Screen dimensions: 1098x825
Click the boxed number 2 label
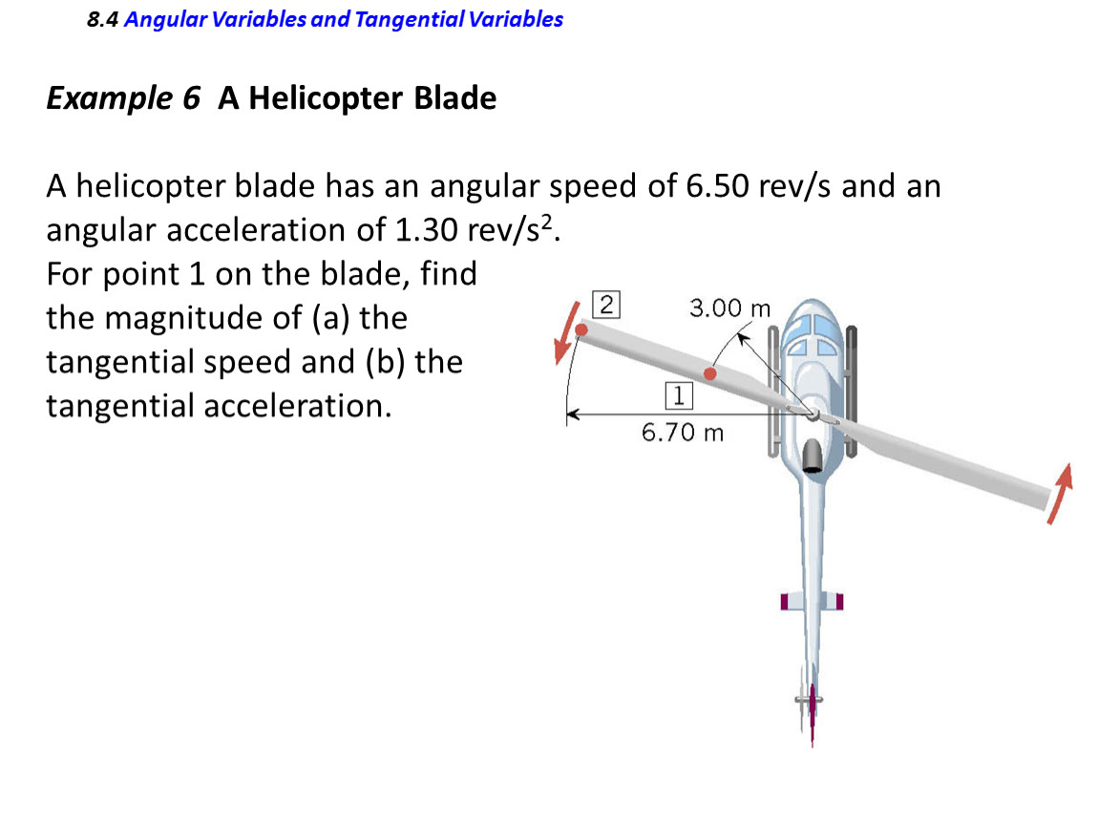coord(606,305)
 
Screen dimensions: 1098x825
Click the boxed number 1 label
coord(679,395)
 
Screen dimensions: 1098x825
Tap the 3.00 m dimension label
coord(729,308)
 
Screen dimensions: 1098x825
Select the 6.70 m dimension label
coord(683,433)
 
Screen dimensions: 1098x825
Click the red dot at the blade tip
coord(581,329)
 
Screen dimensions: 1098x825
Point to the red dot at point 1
coord(710,374)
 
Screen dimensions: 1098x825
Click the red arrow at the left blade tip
coord(566,333)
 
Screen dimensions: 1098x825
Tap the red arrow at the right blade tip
coord(1060,493)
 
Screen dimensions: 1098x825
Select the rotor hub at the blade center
coord(813,414)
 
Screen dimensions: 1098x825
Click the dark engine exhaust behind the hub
coord(813,455)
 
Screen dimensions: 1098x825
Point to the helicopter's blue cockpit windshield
coord(812,333)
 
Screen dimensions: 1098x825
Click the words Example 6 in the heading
coord(123,98)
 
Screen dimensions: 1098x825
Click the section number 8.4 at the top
coord(102,20)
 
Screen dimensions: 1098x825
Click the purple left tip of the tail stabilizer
coord(784,601)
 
